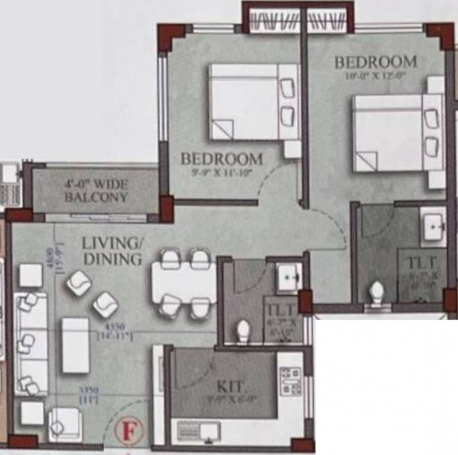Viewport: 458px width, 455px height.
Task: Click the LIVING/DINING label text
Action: [113, 251]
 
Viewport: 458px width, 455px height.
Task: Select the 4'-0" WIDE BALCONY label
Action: [96, 190]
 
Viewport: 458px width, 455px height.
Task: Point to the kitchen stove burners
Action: [290, 381]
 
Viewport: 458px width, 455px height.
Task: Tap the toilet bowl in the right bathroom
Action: [377, 292]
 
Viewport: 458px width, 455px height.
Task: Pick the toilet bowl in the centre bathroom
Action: [243, 331]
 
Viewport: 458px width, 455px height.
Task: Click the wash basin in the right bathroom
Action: [434, 226]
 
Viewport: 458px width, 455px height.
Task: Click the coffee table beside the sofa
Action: [75, 345]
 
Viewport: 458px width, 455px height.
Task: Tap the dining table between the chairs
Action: [184, 283]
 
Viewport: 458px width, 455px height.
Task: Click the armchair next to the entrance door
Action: [63, 423]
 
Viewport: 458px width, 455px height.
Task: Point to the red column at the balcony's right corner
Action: [167, 209]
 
